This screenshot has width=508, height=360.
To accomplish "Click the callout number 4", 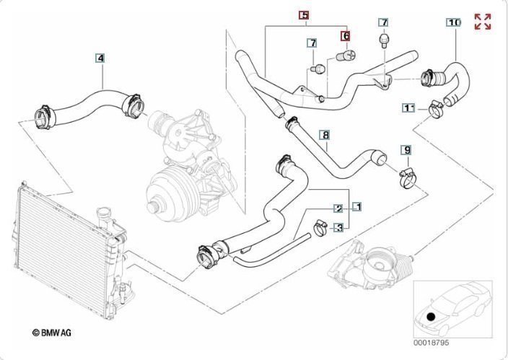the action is tap(100, 58).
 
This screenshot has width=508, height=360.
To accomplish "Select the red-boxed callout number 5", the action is tap(304, 15).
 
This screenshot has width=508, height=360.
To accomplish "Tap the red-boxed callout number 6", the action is tap(346, 36).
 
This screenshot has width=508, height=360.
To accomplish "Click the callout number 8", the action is tap(326, 135).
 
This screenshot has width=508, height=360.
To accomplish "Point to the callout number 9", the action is tap(407, 150).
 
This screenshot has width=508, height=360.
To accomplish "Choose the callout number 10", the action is tap(454, 22).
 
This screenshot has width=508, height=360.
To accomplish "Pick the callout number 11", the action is tap(409, 108).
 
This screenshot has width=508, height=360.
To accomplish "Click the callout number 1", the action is tap(356, 206).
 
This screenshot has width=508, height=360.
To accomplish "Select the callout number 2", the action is tap(338, 208).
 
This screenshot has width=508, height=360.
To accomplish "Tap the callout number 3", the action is tap(339, 227).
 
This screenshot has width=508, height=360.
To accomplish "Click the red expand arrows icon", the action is tap(483, 22).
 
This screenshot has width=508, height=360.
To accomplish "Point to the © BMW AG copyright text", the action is tap(52, 332).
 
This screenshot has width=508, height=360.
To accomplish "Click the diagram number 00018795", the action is tap(431, 343).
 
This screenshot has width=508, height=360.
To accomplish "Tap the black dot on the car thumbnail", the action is tap(431, 317).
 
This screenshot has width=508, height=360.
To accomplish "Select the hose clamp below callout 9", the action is tap(408, 178).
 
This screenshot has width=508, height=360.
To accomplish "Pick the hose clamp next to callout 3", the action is tap(320, 228).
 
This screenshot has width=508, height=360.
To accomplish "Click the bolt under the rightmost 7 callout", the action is tap(384, 40).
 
